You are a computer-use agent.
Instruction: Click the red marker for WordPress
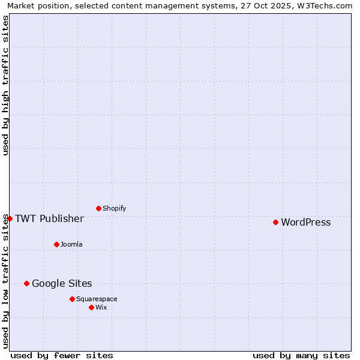[275, 222]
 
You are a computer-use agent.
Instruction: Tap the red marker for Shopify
[98, 208]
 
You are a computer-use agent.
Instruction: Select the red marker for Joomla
[56, 244]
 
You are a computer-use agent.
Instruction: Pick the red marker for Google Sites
[26, 283]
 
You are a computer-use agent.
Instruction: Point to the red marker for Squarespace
[72, 299]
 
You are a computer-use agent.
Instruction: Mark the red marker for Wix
[91, 307]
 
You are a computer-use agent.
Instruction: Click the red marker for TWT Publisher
[10, 218]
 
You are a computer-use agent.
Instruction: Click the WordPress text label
[305, 223]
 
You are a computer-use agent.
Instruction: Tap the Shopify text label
[114, 209]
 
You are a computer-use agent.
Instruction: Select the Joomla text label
[71, 245]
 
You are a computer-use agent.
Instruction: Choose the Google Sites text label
[62, 284]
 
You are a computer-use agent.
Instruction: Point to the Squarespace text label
[97, 299]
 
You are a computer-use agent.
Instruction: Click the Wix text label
[101, 308]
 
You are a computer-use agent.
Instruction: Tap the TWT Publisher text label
[49, 218]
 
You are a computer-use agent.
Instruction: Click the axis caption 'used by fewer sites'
[62, 355]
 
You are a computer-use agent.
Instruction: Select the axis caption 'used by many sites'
[301, 355]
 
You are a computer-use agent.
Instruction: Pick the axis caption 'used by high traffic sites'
[6, 85]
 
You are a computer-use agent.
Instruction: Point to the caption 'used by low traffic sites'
[6, 281]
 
